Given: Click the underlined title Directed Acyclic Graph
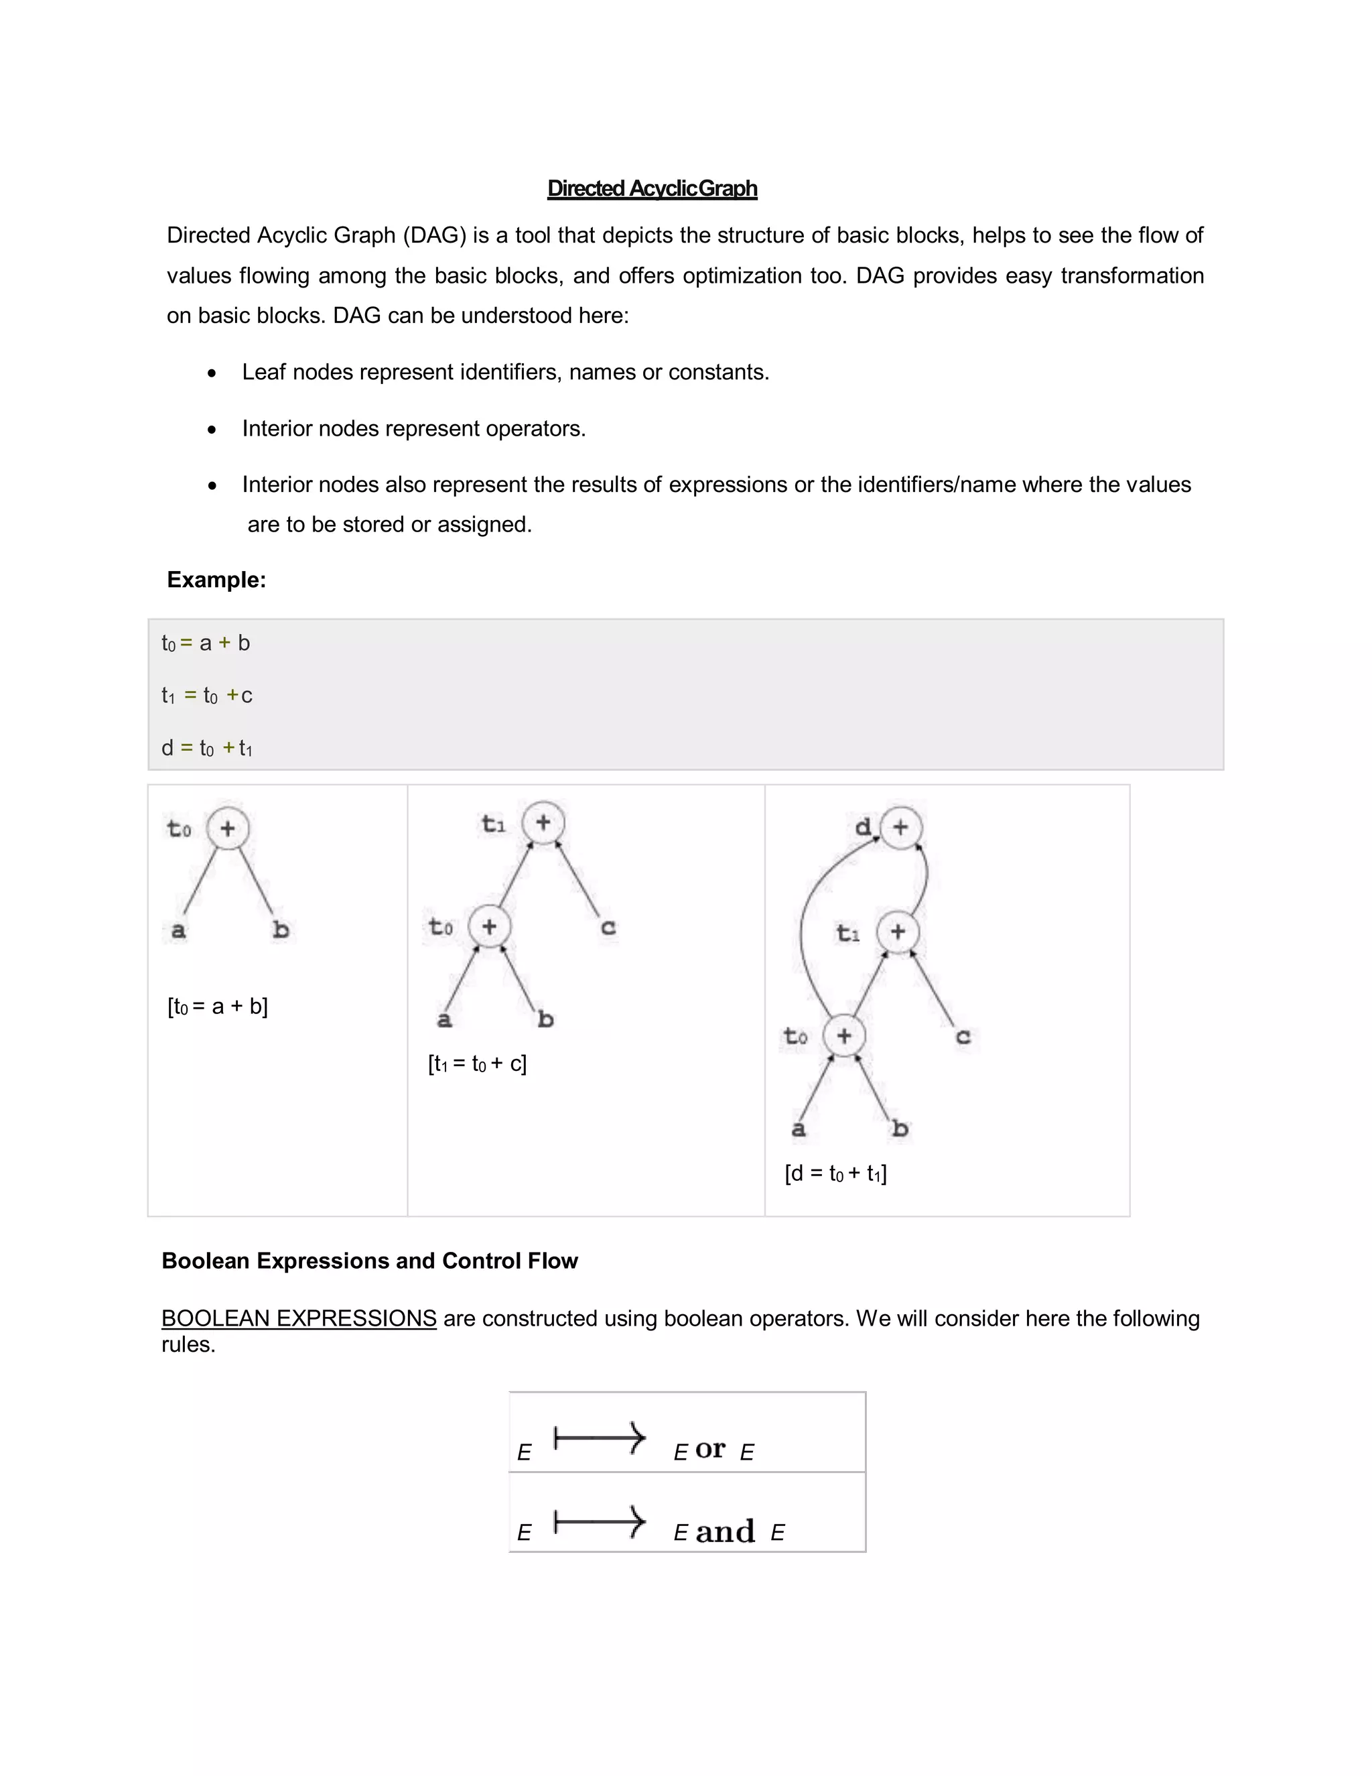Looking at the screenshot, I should tap(652, 189).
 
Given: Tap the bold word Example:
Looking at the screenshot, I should tap(216, 580).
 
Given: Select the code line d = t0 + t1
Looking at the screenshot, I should tap(206, 748).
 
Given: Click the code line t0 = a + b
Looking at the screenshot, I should tap(206, 643).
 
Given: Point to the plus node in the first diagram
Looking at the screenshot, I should tap(228, 828).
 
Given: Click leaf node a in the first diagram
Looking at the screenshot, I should tap(178, 930).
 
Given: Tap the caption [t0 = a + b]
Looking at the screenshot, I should tap(217, 1007).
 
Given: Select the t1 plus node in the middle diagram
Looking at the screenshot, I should tap(543, 822).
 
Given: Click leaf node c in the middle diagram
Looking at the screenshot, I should tap(608, 927).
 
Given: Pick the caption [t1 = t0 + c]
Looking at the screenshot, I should tap(477, 1064).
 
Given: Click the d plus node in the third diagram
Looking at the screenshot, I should tap(900, 828).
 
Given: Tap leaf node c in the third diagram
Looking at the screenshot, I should tap(963, 1037).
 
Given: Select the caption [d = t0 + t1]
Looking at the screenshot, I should tap(835, 1174).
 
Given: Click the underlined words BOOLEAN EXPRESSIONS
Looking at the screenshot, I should tap(298, 1318).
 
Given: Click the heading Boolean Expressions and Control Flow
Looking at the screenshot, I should tap(369, 1261).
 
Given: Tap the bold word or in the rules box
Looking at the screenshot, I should tap(709, 1448).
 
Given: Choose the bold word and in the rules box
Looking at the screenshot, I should tap(725, 1532).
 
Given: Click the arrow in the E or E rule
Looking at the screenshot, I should tap(600, 1438).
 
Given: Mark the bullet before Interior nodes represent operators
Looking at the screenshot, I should tap(212, 430).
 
